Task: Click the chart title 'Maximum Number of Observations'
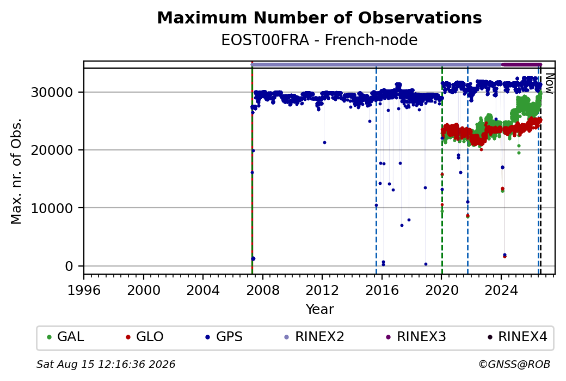click(319, 17)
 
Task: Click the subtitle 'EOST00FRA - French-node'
click(319, 40)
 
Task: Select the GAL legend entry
click(65, 336)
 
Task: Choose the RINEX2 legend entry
click(314, 336)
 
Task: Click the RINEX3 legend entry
click(416, 336)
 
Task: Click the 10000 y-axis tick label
click(52, 208)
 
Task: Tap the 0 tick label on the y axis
click(69, 267)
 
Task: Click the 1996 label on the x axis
click(84, 290)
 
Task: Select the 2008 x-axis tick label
click(263, 290)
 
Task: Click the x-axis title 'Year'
click(320, 310)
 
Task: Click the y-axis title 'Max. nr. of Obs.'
click(16, 171)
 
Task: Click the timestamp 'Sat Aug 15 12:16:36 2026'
click(106, 364)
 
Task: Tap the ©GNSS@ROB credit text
click(514, 364)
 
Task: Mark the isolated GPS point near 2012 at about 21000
click(324, 142)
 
